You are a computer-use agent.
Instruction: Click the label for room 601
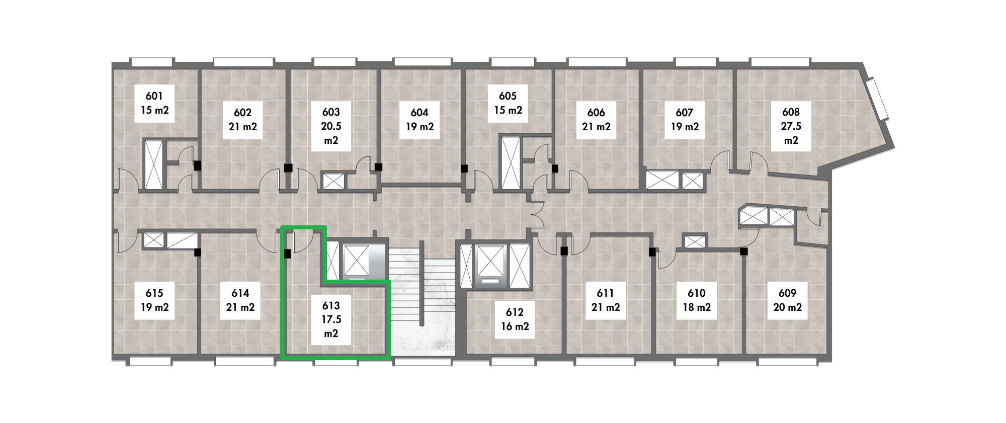coord(154,103)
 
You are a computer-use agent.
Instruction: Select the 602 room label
coord(243,120)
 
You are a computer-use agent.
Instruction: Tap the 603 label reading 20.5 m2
coord(331,126)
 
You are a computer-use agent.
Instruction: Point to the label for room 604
coord(420,120)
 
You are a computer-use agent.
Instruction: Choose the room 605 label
coord(508,103)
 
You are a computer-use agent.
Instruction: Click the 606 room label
coord(597,120)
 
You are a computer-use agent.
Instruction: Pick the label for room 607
coord(685,120)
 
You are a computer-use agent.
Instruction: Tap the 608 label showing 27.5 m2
coord(791,126)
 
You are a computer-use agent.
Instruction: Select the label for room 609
coord(787,300)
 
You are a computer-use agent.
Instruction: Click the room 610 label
coord(697,300)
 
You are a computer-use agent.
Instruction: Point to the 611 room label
coord(606,300)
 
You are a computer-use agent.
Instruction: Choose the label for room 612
coord(515,319)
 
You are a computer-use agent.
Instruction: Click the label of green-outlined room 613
coord(331,319)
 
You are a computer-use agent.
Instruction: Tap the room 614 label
coord(240,300)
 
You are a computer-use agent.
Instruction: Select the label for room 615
coord(154,300)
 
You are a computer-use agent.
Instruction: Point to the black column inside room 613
coord(288,254)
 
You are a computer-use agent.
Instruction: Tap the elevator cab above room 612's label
coord(490,266)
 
